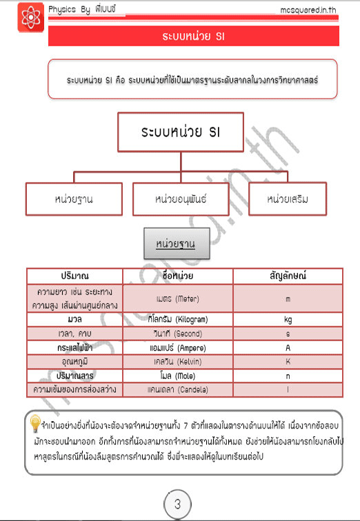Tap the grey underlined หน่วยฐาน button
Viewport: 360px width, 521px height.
click(175, 244)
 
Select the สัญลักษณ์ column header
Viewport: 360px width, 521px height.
click(287, 276)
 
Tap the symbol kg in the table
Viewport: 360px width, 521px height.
click(288, 320)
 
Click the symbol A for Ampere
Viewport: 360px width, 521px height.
click(288, 347)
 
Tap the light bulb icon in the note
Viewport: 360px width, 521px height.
click(34, 423)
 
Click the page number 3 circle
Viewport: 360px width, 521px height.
click(177, 504)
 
